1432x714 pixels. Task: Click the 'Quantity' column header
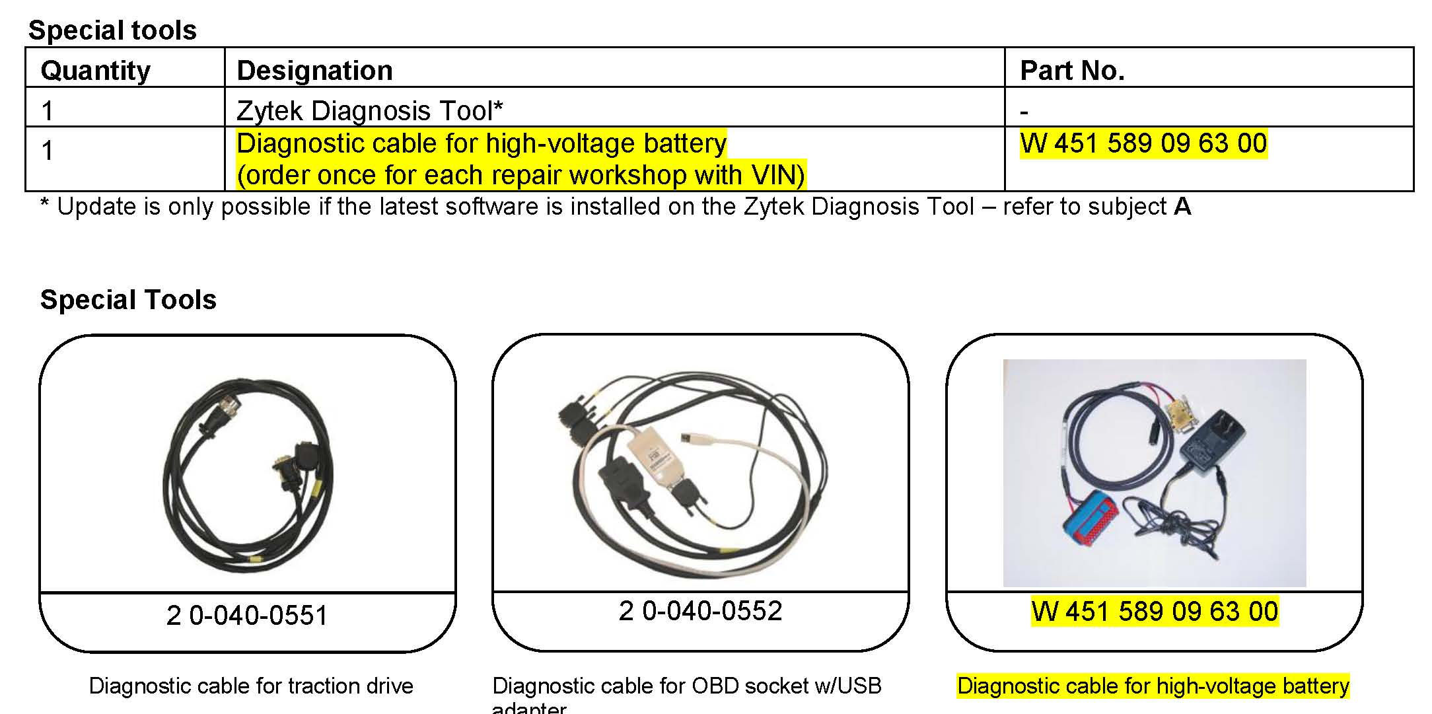point(95,71)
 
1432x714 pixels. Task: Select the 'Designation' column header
point(314,71)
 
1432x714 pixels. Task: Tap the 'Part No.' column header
point(1072,71)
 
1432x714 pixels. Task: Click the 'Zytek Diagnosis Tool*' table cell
point(370,110)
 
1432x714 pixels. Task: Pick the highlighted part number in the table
point(1143,143)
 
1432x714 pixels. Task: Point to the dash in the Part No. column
point(1024,112)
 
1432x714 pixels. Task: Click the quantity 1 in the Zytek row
point(47,110)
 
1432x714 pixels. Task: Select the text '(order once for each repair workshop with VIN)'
point(520,175)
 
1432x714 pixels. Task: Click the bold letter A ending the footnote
point(1182,207)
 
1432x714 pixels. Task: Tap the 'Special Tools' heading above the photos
point(128,300)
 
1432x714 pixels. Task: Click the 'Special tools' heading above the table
point(112,30)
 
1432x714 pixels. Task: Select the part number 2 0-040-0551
point(247,616)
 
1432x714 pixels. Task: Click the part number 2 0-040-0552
point(700,611)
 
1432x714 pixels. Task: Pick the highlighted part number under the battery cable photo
point(1155,611)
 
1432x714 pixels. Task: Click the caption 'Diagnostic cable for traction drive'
point(251,686)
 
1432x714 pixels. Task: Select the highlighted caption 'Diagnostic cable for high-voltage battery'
point(1153,686)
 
